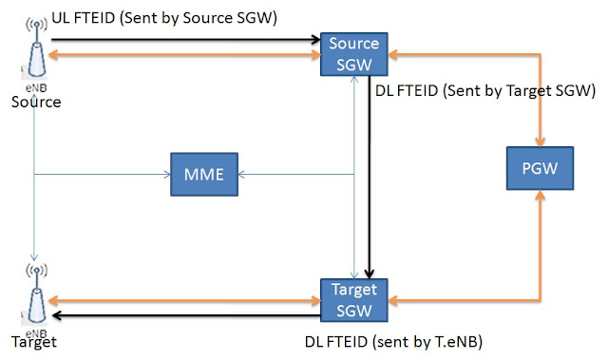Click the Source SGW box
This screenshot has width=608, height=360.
[x=354, y=54]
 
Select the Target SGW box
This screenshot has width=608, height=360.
[x=354, y=300]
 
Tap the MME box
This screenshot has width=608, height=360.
[x=204, y=175]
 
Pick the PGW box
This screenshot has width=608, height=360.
[x=540, y=168]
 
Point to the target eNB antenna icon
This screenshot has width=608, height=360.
[x=36, y=294]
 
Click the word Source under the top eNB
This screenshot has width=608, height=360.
[x=36, y=102]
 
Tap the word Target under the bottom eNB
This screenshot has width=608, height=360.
[x=34, y=342]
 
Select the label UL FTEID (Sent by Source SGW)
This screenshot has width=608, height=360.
[x=164, y=18]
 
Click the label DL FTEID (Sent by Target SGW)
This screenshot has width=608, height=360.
[x=485, y=90]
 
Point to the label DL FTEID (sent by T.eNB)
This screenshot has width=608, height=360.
[x=393, y=342]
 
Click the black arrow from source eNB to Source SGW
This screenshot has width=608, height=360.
[x=186, y=39]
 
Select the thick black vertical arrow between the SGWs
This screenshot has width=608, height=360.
[x=370, y=177]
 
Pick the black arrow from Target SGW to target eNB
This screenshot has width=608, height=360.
[x=186, y=315]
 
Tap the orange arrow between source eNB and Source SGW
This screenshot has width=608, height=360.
[x=184, y=55]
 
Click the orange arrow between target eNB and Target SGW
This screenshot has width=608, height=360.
[x=184, y=300]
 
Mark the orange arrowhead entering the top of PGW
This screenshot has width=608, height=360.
[x=541, y=142]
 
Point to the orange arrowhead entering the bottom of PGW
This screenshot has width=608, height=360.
[x=541, y=195]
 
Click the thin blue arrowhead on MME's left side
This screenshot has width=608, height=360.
[x=167, y=175]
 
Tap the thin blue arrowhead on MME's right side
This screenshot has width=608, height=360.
[x=241, y=175]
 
